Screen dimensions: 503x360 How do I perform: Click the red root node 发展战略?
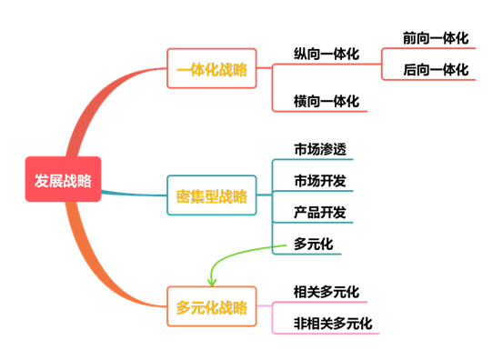pos(63,179)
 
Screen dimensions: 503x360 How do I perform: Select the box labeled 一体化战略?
pos(212,68)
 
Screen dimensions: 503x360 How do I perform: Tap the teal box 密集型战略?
pos(212,195)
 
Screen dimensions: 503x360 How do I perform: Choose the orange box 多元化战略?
pos(212,306)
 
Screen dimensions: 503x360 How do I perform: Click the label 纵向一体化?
pos(327,54)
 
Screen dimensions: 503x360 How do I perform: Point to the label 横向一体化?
pos(327,101)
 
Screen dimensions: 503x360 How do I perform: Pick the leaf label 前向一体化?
pos(436,38)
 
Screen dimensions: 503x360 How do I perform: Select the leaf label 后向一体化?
pos(436,70)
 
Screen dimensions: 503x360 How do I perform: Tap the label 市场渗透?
pos(320,149)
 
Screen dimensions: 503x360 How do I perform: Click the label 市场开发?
pos(320,181)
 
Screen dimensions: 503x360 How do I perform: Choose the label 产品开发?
pos(320,212)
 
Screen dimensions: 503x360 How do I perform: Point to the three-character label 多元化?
pos(314,244)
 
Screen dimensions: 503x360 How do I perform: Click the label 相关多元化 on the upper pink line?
pos(327,292)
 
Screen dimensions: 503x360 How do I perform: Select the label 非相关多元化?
pos(333,323)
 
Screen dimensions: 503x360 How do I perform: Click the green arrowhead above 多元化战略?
pos(212,283)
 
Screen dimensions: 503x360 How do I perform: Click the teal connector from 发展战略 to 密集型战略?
pos(134,194)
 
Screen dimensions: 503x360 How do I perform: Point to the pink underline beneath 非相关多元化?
pos(326,334)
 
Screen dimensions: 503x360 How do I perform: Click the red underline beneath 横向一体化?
pos(320,112)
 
